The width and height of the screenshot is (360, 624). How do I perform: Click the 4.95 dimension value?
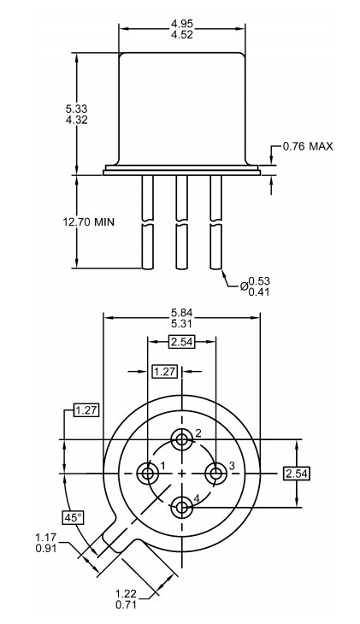pyautogui.click(x=181, y=21)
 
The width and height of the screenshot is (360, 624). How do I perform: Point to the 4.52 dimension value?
pyautogui.click(x=181, y=35)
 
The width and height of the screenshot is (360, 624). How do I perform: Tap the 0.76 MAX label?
pyautogui.click(x=309, y=146)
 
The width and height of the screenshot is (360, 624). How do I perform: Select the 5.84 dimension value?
pyautogui.click(x=181, y=313)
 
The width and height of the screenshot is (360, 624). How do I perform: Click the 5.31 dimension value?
pyautogui.click(x=181, y=326)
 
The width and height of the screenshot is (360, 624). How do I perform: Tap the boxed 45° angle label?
pyautogui.click(x=73, y=517)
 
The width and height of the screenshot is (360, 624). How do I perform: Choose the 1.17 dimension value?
pyautogui.click(x=47, y=537)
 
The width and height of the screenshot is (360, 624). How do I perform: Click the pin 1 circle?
pyautogui.click(x=148, y=472)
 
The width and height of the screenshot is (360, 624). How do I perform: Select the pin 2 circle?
pyautogui.click(x=181, y=440)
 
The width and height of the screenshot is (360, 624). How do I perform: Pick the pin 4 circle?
pyautogui.click(x=181, y=506)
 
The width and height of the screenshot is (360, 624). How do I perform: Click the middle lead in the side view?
pyautogui.click(x=181, y=222)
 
